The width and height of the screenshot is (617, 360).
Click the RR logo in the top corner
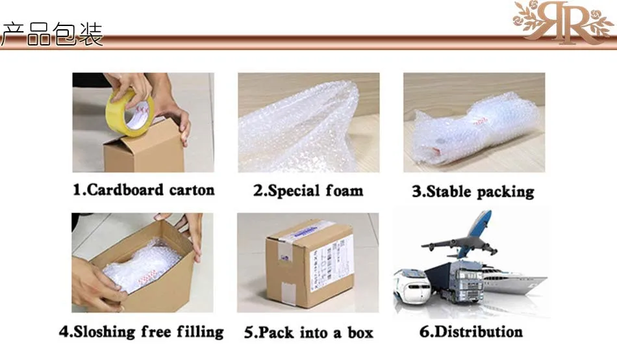coord(562,23)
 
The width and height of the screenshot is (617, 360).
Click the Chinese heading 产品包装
coord(52,34)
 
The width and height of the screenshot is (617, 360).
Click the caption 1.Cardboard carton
coord(143,190)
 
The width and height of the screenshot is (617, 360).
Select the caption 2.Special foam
coord(308,191)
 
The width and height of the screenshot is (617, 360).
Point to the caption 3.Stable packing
coord(473,192)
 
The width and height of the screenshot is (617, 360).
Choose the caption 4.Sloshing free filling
coord(142,332)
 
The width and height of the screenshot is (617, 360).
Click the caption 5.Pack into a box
coord(308,333)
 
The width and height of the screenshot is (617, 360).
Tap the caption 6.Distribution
coord(471,332)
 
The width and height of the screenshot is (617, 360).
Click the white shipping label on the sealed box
coord(338,263)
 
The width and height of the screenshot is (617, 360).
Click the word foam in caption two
coord(344,191)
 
